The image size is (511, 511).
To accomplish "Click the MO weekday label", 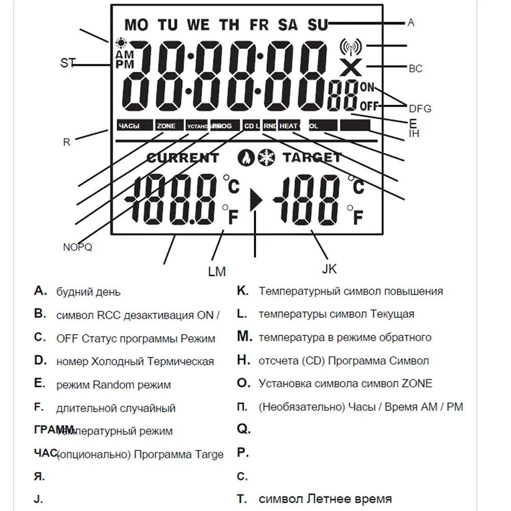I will pos(135,24).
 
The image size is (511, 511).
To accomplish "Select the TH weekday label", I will pos(229,24).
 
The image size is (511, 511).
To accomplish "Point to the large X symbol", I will pos(350,67).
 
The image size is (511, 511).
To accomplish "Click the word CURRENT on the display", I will pos(182,158).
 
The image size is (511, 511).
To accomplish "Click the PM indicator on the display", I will pos(124,64).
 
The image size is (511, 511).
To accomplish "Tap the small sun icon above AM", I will pos(122,43).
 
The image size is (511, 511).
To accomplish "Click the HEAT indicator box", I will pos(289,126).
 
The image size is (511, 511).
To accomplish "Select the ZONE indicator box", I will pos(167,126).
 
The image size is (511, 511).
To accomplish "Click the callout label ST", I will pos(67,63).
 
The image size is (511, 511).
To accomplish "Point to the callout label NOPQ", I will pos(77,247).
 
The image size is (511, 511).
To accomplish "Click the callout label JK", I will pos(329,269).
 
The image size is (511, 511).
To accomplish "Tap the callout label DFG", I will pos(420,108).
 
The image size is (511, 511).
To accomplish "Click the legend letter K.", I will pos(243,291).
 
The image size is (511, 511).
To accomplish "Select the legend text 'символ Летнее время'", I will pos(325,499).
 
